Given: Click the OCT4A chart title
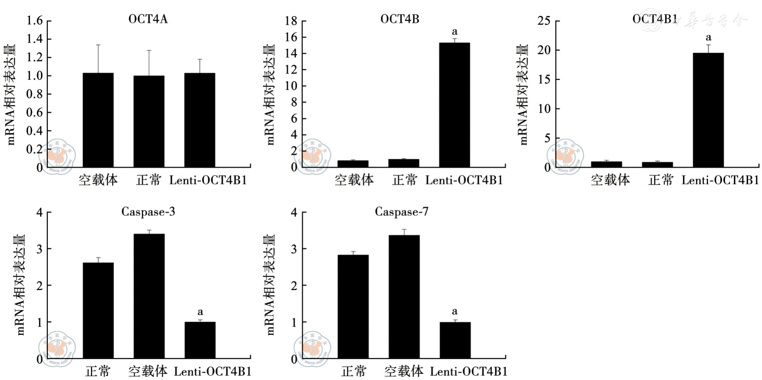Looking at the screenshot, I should coord(148,19).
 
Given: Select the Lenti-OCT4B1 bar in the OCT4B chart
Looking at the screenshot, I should coord(454,105).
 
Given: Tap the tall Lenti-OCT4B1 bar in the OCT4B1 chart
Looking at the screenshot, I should coord(708,110).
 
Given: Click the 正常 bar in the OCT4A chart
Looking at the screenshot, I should coord(149,121).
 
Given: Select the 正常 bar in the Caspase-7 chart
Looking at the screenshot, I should coord(353,306).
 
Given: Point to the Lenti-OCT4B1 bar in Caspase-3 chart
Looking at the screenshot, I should coord(200,340).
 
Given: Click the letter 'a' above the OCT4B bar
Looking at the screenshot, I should coord(454,32).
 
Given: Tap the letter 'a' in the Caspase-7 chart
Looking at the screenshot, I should coord(455,311).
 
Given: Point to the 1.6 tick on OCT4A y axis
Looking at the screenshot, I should coord(34,20).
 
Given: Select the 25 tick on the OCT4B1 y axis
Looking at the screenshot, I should coord(544,20).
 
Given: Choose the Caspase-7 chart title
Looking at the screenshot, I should coord(402,212).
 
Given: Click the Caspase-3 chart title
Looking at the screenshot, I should coord(148,212).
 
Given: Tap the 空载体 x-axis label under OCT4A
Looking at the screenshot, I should coord(98,180).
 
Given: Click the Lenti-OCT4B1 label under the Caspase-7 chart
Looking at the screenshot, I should coord(469,372).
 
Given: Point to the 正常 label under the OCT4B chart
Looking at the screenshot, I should coord(405,180).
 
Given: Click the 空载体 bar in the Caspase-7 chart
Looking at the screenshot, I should coord(404,297).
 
